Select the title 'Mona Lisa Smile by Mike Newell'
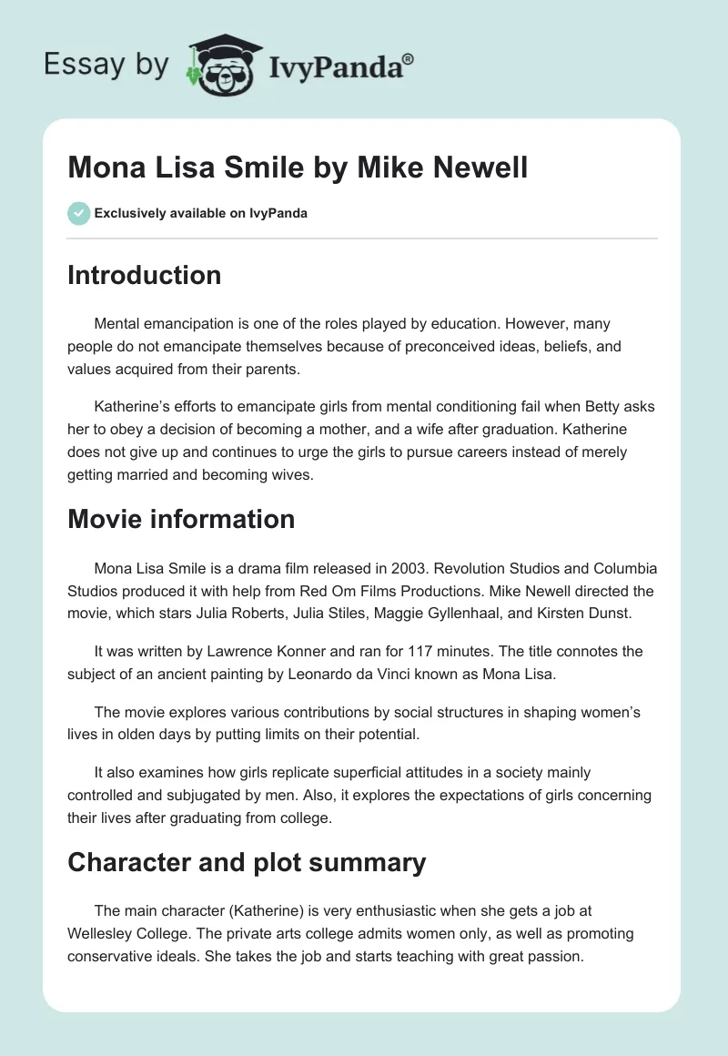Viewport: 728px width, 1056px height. [298, 168]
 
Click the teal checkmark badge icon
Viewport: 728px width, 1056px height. [78, 213]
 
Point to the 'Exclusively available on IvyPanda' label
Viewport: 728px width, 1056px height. [200, 214]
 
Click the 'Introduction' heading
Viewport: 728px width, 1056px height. [144, 275]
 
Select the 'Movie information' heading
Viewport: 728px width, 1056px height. [181, 519]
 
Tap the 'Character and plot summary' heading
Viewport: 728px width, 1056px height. [247, 861]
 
